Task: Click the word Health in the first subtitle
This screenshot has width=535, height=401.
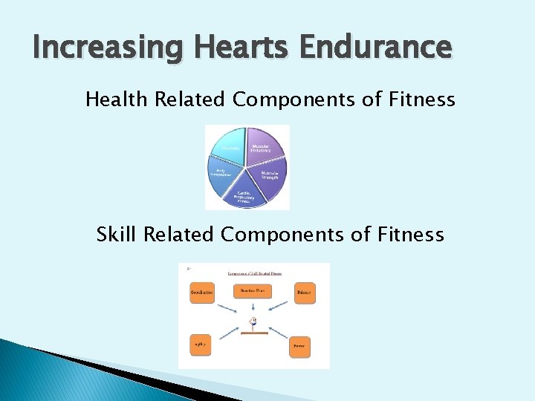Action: [117, 99]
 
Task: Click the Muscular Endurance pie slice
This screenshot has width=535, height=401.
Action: [264, 149]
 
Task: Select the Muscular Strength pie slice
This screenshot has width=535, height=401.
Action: [270, 177]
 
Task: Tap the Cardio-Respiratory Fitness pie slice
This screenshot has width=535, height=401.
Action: [246, 195]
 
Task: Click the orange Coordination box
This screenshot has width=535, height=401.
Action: [202, 293]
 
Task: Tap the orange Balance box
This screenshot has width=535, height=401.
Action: [305, 293]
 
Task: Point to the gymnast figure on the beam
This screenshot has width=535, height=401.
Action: [253, 322]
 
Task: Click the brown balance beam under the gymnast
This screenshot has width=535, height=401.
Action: [253, 333]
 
